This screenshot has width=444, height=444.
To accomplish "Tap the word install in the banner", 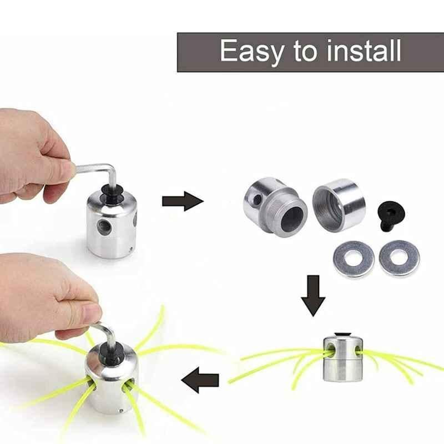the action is click(364, 51).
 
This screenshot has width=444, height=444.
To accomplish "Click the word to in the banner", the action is click(305, 52).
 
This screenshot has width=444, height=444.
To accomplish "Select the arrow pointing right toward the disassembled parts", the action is click(183, 201).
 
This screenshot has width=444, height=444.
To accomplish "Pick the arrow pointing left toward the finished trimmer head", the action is click(200, 380).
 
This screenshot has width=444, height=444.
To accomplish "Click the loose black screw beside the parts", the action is click(391, 215).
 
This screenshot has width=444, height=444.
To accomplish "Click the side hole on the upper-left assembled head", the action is click(104, 226).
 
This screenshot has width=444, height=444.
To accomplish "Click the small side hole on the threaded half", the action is click(258, 200).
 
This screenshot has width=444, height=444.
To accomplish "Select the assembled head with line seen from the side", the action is click(343, 357).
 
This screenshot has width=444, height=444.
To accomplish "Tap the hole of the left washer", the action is click(354, 258).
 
